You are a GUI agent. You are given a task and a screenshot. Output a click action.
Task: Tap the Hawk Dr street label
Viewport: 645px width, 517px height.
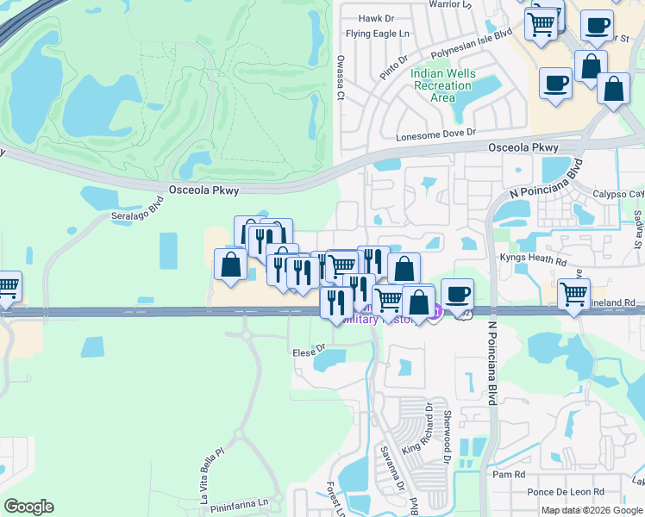point(376,17)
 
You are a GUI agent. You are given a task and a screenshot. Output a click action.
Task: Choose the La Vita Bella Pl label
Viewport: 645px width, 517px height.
point(211,474)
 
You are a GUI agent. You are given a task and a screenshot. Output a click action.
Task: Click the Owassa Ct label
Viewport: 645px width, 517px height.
point(340,79)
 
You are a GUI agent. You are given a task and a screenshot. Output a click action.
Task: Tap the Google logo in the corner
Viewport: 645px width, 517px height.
point(28,507)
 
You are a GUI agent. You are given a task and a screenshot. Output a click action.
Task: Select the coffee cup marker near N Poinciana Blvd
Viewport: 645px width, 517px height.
point(457,294)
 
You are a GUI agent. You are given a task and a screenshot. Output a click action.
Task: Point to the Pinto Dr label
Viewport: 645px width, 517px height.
point(393,63)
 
